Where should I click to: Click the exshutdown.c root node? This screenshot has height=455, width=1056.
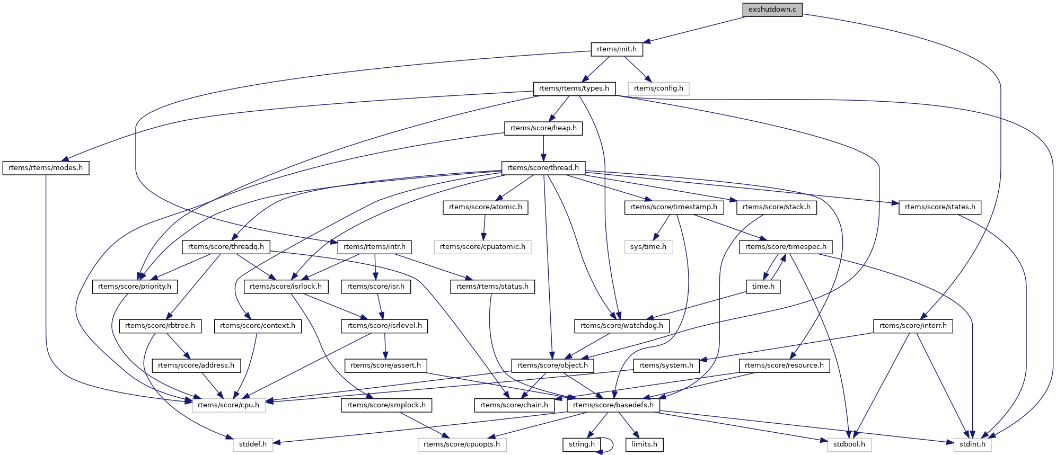coord(772,10)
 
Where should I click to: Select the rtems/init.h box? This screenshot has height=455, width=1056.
coord(617,49)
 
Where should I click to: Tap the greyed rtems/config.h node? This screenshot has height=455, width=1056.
coord(658,88)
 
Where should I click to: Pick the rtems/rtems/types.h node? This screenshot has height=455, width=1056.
coord(574,88)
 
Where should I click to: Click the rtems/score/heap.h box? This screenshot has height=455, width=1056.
coord(543,128)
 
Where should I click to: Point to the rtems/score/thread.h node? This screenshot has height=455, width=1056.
coord(543,168)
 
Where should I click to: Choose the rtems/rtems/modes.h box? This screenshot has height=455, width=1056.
coord(46,168)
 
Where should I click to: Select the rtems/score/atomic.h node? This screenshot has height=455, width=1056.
coord(485,207)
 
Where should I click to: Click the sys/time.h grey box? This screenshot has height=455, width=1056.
coord(648,247)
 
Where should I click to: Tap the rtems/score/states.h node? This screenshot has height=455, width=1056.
coord(939,207)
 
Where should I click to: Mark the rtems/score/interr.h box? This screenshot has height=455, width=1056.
coord(913,326)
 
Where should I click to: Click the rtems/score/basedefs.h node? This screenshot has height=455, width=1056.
coord(613,405)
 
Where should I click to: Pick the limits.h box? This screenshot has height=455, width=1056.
coord(644,444)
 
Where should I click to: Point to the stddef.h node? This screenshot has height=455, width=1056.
coord(252,444)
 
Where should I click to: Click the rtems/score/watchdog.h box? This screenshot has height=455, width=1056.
coord(621,326)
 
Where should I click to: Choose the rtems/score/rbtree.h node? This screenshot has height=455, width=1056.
coord(160,326)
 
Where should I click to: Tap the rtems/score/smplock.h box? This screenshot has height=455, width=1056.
coord(386,405)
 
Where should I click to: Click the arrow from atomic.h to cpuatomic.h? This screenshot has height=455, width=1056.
coord(483,227)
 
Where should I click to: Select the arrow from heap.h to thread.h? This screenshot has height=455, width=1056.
coord(543,148)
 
